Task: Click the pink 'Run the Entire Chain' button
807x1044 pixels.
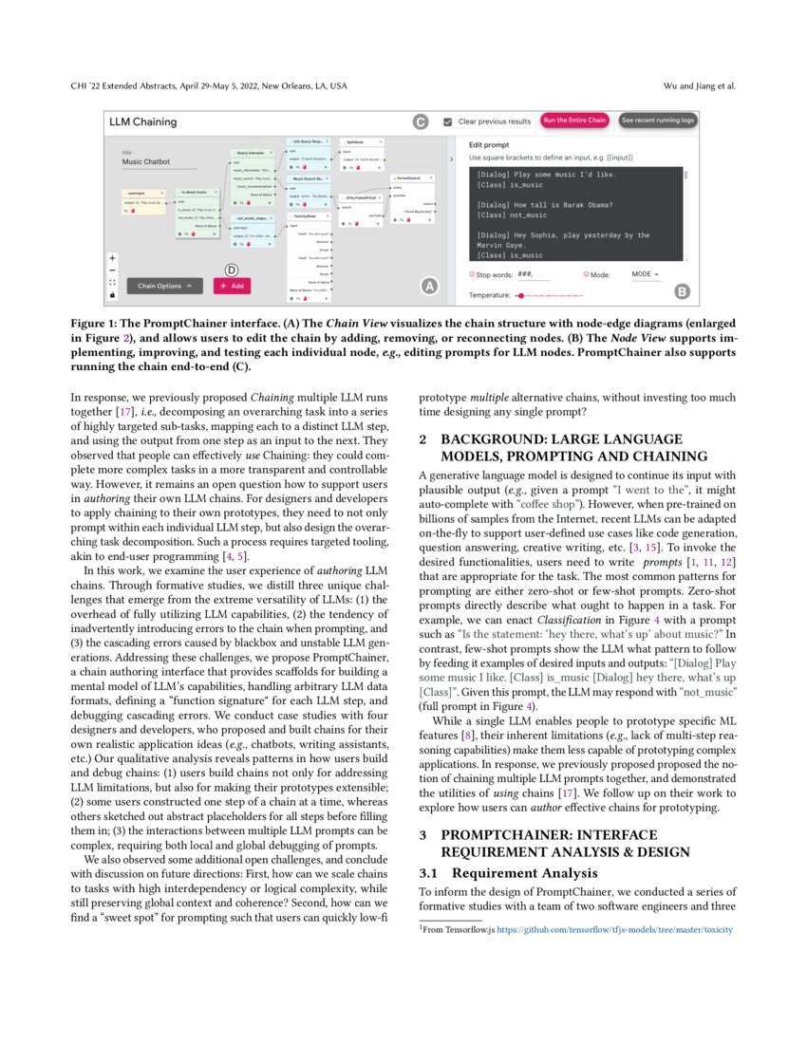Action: click(x=573, y=121)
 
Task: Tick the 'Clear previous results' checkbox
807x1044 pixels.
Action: click(x=447, y=121)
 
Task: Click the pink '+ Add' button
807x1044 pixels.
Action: click(x=232, y=285)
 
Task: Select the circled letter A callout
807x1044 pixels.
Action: click(x=428, y=285)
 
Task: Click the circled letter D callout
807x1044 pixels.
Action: click(x=231, y=269)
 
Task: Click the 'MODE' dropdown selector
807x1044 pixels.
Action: click(x=647, y=274)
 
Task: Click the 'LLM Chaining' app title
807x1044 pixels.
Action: click(x=142, y=121)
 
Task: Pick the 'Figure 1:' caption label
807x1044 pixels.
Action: click(x=95, y=324)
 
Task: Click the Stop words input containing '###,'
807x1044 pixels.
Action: click(x=534, y=274)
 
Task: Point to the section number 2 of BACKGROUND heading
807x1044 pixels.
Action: click(x=423, y=439)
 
